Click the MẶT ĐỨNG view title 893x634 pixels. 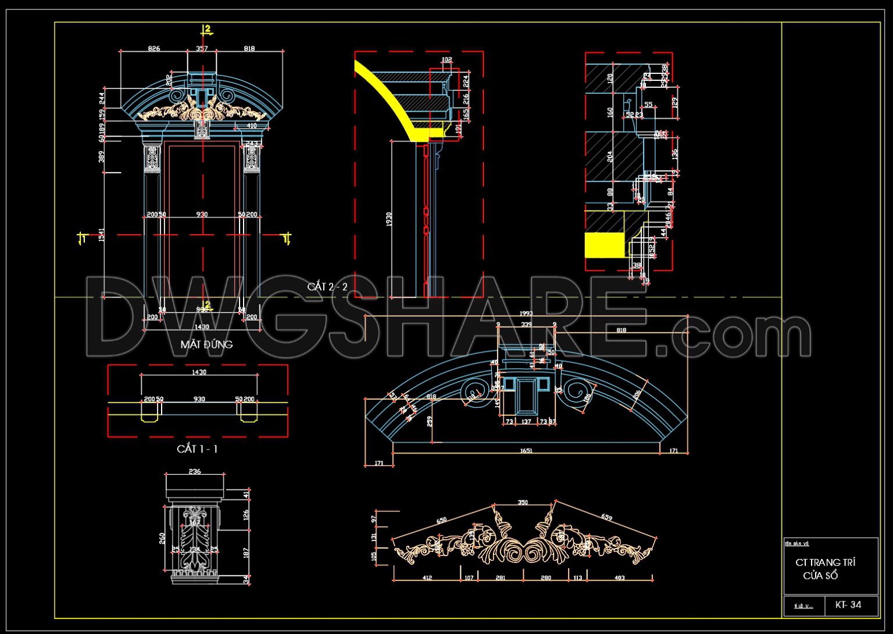point(206,344)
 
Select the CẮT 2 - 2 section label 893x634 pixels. point(327,287)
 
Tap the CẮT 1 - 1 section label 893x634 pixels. point(197,449)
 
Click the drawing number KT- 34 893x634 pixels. point(848,605)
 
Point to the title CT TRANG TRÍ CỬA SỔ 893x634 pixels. point(825,569)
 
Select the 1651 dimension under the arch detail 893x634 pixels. point(526,451)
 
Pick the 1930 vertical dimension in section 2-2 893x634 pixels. point(389,219)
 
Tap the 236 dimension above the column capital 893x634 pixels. point(195,471)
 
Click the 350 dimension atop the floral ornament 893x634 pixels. point(523,503)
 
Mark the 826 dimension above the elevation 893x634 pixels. point(153,49)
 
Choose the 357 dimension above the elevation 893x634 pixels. point(201,49)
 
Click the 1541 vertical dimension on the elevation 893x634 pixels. point(101,235)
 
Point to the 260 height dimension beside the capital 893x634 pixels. point(162,539)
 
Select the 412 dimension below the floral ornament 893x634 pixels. point(427,578)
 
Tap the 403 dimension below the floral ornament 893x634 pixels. point(619,578)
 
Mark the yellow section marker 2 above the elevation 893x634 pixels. point(206,29)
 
